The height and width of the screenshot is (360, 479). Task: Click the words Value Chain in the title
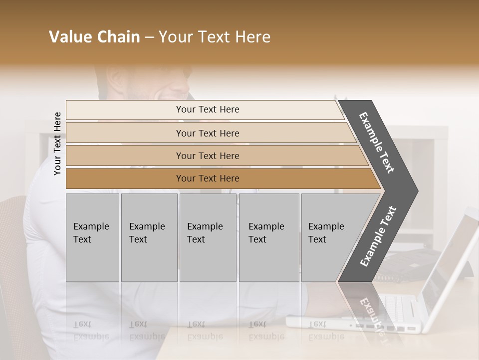coord(94,37)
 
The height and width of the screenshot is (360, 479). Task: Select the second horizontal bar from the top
coord(208,133)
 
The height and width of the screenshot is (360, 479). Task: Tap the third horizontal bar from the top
coord(208,155)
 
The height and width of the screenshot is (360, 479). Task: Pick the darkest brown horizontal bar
coord(208,178)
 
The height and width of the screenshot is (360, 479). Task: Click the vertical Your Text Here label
coord(57,143)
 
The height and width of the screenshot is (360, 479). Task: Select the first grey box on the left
coord(92,237)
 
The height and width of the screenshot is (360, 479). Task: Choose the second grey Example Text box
coord(149,237)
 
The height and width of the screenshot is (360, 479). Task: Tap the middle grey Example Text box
coord(208,237)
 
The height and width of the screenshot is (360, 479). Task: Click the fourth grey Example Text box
coord(268,237)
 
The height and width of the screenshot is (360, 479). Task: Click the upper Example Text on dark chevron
coord(377,142)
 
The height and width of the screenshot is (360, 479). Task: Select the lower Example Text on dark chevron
coord(378,236)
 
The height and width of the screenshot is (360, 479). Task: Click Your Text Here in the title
coord(215,37)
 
